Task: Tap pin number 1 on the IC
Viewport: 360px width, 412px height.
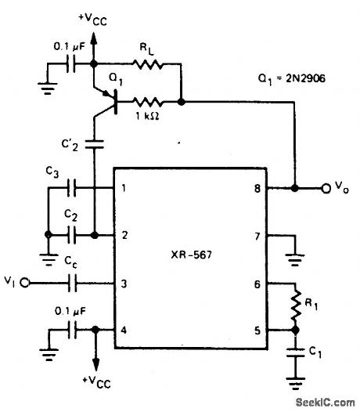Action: coord(123,189)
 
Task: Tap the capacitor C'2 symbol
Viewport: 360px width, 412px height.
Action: coord(95,144)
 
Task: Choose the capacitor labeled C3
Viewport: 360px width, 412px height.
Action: coord(72,189)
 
